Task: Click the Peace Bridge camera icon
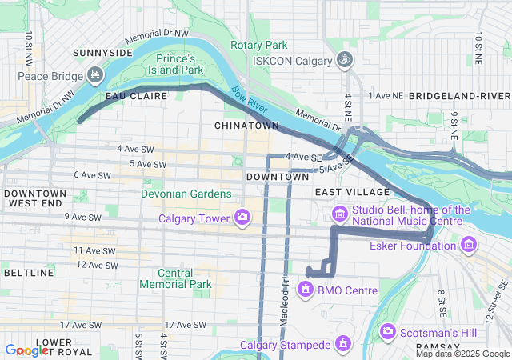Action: pos(95,76)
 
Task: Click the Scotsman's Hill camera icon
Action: pos(388,330)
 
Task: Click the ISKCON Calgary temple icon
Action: pos(345,60)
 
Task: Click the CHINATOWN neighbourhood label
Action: pos(246,126)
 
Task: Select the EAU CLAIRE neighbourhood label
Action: pos(137,96)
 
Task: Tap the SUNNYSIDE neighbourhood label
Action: pos(102,52)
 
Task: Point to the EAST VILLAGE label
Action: pos(352,192)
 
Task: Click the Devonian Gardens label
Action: pos(186,194)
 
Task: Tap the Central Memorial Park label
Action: pos(175,278)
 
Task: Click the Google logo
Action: pos(26,350)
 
